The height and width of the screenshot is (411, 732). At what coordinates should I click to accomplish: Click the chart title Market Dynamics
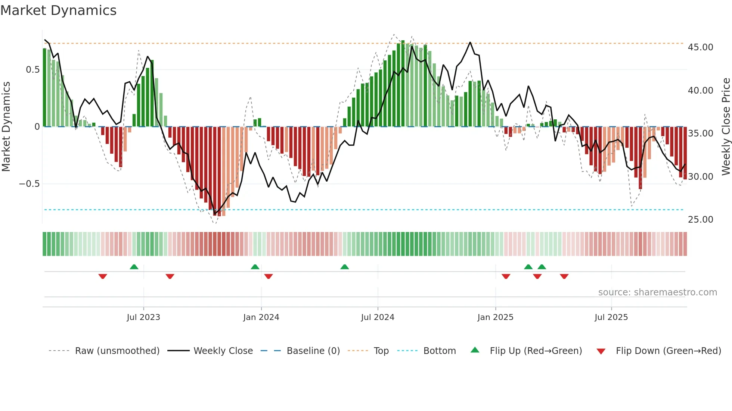[58, 10]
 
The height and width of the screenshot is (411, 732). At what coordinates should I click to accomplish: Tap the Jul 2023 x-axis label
[143, 317]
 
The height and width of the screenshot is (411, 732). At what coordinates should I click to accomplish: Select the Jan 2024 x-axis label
[261, 317]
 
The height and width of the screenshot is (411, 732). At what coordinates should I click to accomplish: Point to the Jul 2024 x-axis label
[378, 317]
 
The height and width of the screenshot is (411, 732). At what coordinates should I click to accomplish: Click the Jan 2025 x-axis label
[495, 317]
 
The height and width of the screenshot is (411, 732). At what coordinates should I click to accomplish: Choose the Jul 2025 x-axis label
[611, 317]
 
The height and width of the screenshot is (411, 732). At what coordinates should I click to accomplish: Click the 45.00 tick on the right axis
[700, 47]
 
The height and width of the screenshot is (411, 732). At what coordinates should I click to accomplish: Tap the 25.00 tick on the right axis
[700, 220]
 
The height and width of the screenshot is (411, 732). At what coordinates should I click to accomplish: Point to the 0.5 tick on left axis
[33, 70]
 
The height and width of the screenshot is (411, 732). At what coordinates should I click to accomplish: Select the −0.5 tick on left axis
[30, 184]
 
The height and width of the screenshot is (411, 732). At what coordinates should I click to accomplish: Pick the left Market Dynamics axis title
[6, 127]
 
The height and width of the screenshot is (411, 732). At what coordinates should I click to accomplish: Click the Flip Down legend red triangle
[601, 351]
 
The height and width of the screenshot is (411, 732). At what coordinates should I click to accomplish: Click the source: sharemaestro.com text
[657, 292]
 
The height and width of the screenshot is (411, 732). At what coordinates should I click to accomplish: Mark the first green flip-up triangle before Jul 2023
[134, 267]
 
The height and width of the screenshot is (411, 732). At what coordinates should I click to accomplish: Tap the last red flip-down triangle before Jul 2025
[564, 276]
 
